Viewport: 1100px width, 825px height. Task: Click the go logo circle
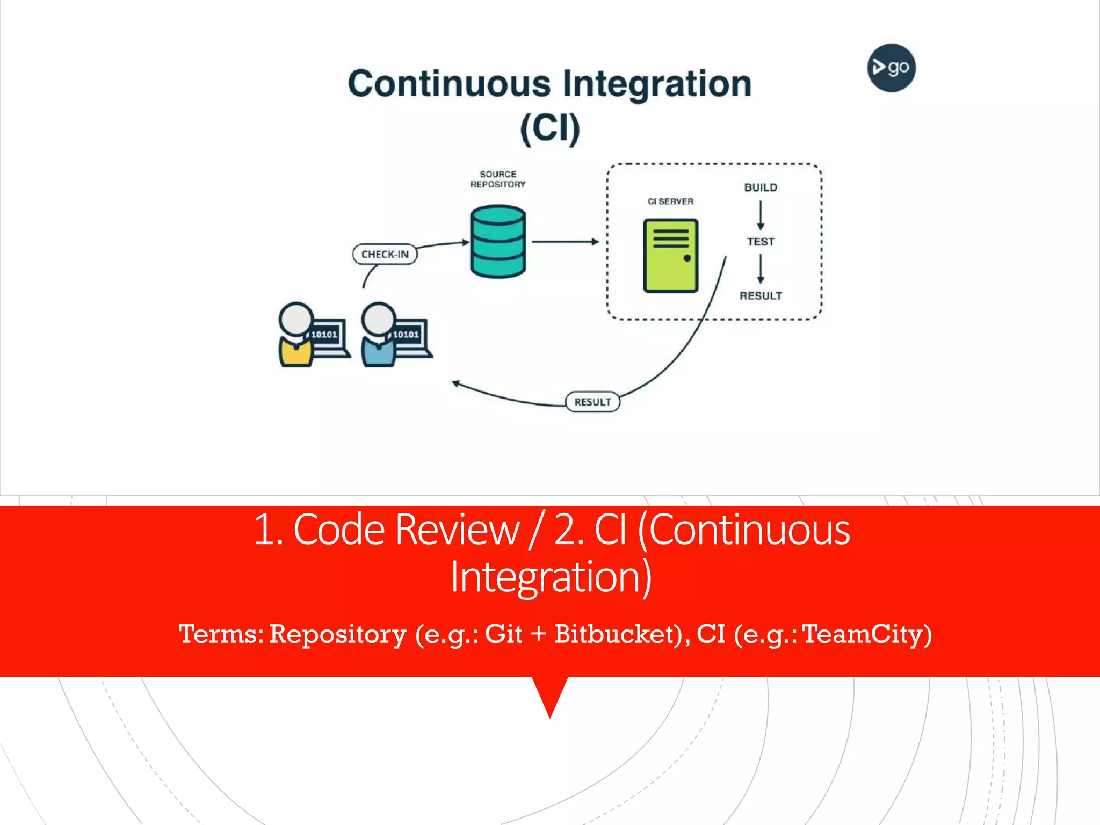tap(891, 68)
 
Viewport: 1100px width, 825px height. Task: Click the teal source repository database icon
tap(497, 241)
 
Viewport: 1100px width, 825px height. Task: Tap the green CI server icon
tap(670, 256)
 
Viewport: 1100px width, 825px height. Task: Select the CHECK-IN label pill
tap(385, 254)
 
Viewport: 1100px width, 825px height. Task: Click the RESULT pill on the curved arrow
tap(592, 402)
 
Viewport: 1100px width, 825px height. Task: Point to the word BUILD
tap(761, 187)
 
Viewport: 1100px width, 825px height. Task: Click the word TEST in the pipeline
tap(761, 242)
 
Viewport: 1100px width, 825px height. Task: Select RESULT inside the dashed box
tap(761, 296)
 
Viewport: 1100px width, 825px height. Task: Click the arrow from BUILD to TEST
tap(761, 215)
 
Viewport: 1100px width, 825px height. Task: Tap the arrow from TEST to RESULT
tap(761, 269)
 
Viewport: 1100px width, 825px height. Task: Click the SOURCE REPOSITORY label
tap(497, 179)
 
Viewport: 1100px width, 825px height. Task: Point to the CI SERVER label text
tap(670, 201)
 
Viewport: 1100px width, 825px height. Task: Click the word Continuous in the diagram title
tap(449, 84)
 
